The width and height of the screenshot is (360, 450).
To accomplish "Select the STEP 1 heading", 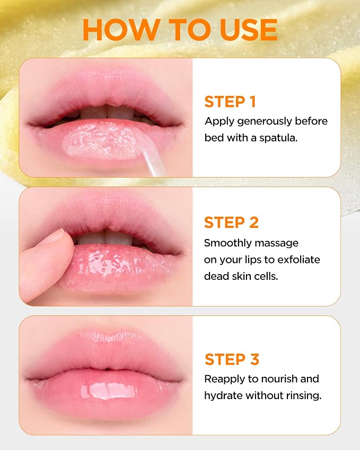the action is [230, 102].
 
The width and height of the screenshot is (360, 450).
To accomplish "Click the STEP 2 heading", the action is [231, 223].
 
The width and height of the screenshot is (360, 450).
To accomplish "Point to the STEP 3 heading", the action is [232, 359].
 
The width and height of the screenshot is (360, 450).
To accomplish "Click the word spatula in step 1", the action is [278, 138].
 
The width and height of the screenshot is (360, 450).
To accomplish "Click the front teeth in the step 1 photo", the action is [107, 112].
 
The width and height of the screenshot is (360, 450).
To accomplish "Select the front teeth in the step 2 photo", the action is [105, 237].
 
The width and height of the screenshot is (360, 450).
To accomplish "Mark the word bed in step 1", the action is [214, 137].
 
